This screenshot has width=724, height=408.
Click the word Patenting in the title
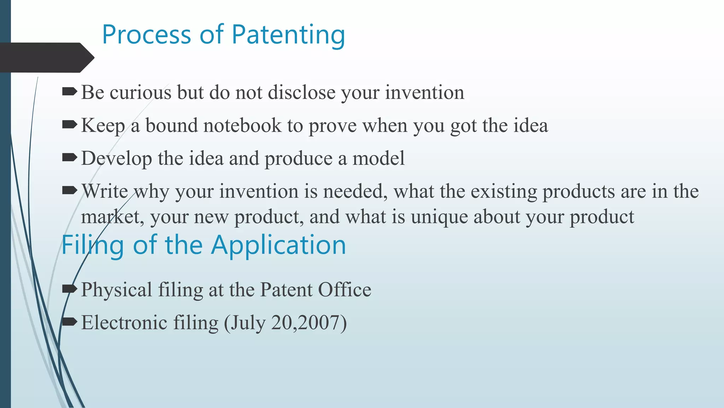(x=288, y=35)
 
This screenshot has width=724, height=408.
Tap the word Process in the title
(x=146, y=35)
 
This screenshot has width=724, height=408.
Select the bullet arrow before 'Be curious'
(x=69, y=92)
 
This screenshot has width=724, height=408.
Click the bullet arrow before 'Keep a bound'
(x=69, y=125)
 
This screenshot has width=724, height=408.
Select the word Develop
(x=117, y=159)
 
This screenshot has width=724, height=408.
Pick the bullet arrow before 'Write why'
(x=69, y=191)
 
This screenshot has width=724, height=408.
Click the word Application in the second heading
(x=278, y=245)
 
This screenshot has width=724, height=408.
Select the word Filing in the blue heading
(x=93, y=246)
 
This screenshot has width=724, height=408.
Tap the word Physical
(x=117, y=290)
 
